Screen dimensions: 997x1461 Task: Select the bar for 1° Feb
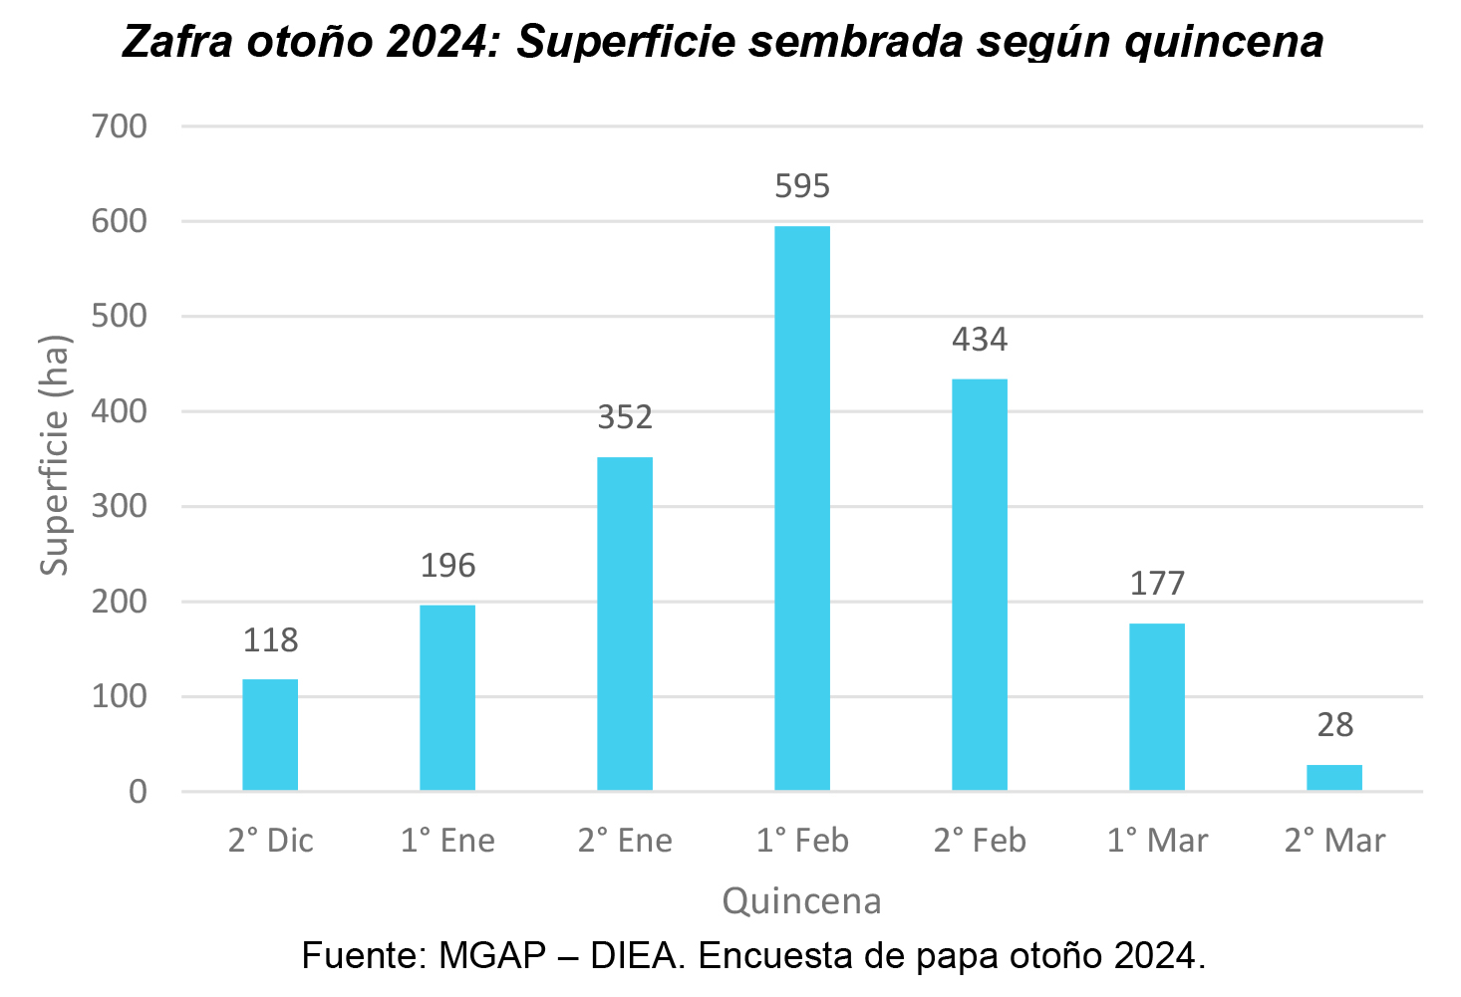(x=802, y=508)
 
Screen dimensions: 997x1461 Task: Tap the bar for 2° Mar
(x=1334, y=778)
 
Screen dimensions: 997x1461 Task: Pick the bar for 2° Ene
(x=625, y=623)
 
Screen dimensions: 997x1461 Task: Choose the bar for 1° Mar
(x=1157, y=707)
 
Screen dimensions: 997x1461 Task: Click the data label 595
(x=802, y=186)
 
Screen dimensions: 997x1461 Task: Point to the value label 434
(x=980, y=341)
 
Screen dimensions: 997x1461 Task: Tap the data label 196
(x=447, y=567)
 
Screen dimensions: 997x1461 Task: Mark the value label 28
(x=1334, y=725)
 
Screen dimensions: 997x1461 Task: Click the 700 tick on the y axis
(x=120, y=126)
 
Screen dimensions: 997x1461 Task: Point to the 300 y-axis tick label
(x=120, y=507)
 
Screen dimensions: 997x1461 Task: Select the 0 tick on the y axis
(x=138, y=792)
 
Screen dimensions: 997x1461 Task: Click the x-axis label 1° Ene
(x=447, y=841)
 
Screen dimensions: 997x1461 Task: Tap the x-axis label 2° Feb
(x=980, y=841)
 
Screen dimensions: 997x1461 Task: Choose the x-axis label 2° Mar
(x=1334, y=841)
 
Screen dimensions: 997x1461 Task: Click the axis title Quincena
(x=802, y=901)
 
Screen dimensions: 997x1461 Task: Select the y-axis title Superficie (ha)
(x=55, y=455)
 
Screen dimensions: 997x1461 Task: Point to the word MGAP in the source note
(x=492, y=956)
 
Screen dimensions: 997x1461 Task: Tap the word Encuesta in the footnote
(x=771, y=956)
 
